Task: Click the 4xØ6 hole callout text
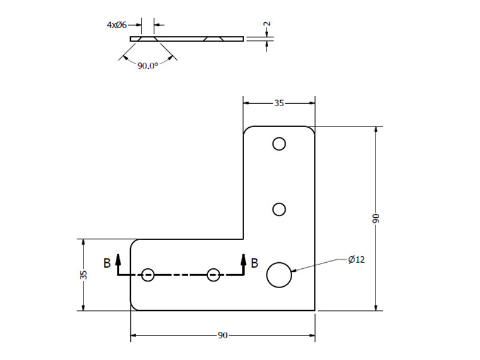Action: (x=116, y=25)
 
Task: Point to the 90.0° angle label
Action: (x=148, y=65)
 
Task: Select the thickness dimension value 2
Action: (x=267, y=23)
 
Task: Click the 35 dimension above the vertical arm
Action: (x=279, y=103)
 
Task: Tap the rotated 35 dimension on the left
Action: (x=83, y=275)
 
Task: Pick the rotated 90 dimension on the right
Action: (x=376, y=218)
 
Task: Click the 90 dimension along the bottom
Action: (x=223, y=335)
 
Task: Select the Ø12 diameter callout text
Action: (x=356, y=260)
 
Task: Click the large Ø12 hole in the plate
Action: (x=279, y=275)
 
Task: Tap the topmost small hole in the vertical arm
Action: (x=279, y=144)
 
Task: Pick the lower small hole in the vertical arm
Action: (x=279, y=209)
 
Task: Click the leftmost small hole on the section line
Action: (x=148, y=275)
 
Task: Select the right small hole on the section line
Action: (x=214, y=275)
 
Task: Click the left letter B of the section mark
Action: (x=107, y=263)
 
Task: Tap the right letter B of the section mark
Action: (x=254, y=263)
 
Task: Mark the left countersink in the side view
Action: (x=148, y=39)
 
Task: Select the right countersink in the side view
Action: (x=214, y=39)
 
